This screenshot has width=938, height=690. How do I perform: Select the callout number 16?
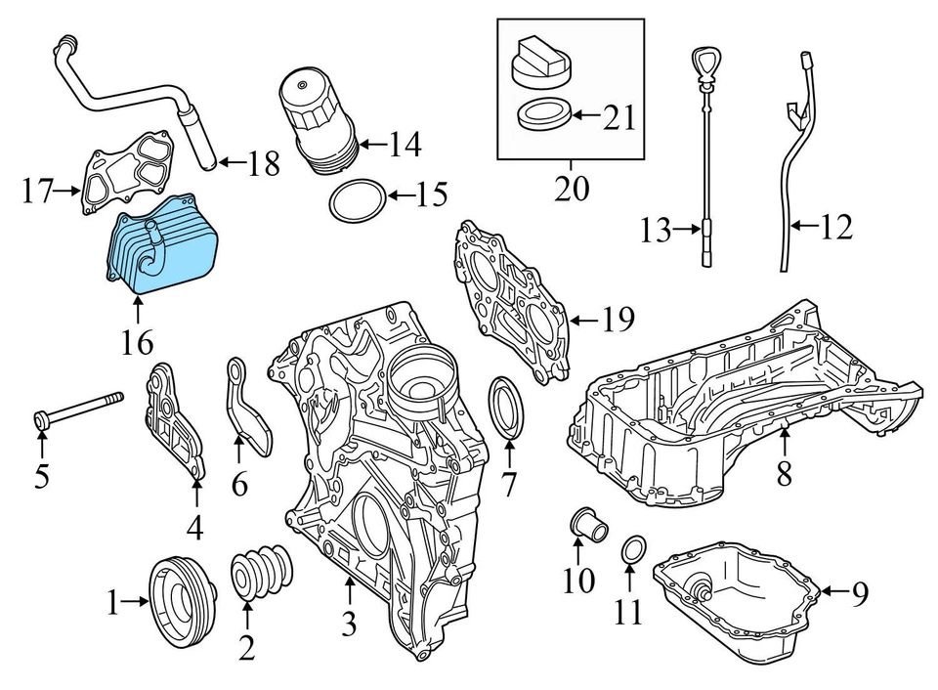pos(138,343)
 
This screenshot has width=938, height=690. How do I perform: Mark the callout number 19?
pos(618,319)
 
